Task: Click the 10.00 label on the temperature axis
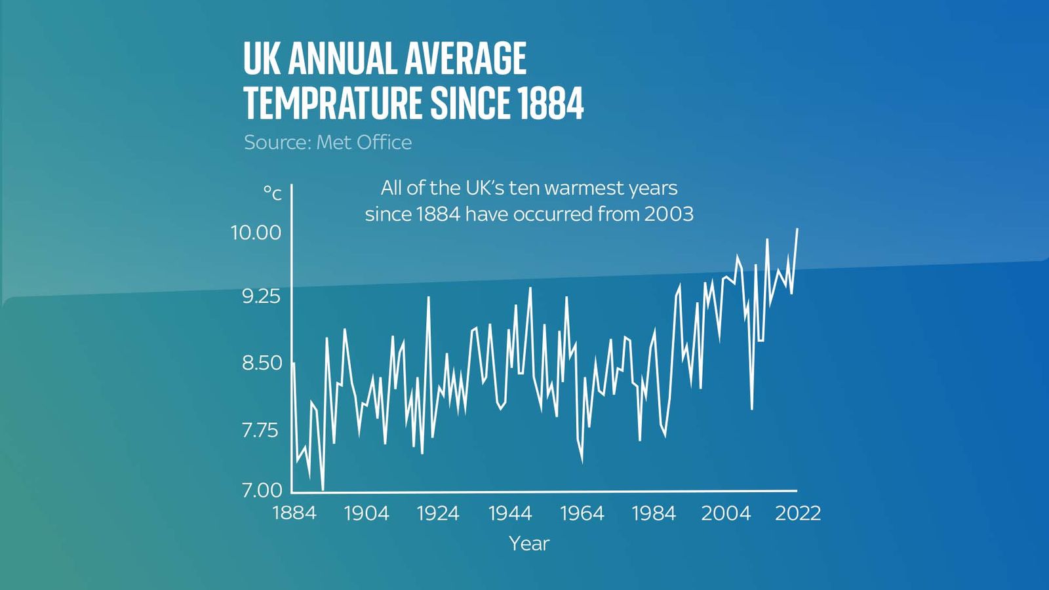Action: click(x=256, y=233)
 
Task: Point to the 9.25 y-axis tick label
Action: click(x=261, y=296)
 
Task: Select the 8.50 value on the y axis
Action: click(x=262, y=363)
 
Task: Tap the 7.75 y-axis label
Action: click(x=260, y=430)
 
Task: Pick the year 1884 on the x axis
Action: click(x=294, y=513)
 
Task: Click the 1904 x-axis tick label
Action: click(x=366, y=513)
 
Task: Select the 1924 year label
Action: click(x=438, y=513)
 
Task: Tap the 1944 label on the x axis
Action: click(x=510, y=513)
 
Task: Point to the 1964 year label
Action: click(x=582, y=513)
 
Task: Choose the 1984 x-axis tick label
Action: click(x=654, y=513)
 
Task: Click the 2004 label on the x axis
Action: click(x=726, y=513)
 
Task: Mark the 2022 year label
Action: click(x=798, y=513)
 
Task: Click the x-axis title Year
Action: click(x=529, y=543)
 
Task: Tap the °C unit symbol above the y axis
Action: click(x=273, y=193)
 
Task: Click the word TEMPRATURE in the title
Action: click(x=332, y=103)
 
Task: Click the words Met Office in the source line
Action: click(x=364, y=142)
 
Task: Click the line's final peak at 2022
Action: click(x=797, y=229)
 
